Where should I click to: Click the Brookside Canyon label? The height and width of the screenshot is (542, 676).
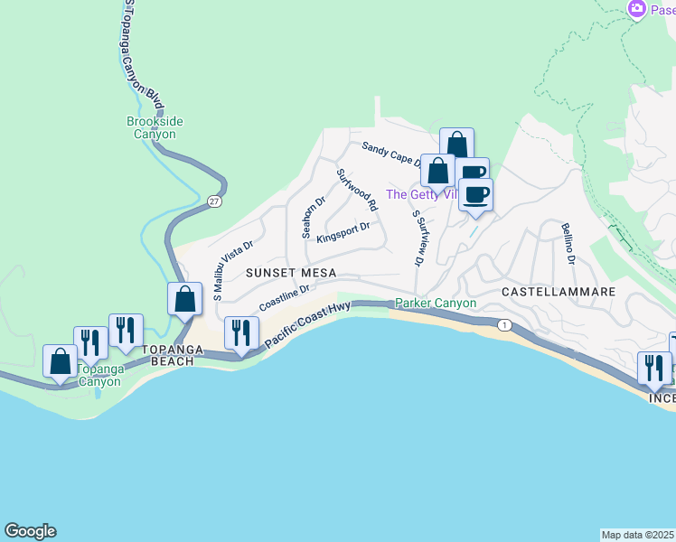[152, 127]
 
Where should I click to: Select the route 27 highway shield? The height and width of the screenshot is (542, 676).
[213, 201]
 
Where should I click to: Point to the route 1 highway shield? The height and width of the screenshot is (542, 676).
[504, 325]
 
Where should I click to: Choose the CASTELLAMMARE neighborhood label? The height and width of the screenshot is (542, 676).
[558, 293]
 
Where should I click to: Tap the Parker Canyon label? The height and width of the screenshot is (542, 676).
[436, 304]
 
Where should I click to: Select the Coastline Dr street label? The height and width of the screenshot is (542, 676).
[285, 299]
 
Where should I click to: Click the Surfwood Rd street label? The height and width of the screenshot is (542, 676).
[357, 190]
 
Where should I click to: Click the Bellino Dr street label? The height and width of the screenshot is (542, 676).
[568, 242]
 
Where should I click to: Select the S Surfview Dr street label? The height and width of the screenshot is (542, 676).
[417, 238]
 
